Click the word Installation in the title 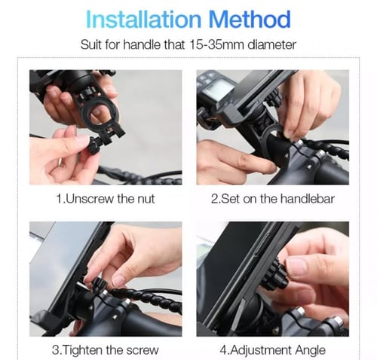pos(143,20)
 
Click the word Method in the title pos(250,20)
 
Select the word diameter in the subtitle pos(271,45)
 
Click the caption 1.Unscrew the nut pos(106,199)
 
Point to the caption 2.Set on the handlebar pos(273,199)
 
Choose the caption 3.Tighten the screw pos(106,350)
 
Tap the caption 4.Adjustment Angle pos(273,350)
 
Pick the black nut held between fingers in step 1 pos(94,146)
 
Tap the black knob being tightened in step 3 pos(99,285)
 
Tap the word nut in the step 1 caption pos(146,200)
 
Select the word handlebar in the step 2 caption pos(308,199)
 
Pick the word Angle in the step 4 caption pos(311,350)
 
